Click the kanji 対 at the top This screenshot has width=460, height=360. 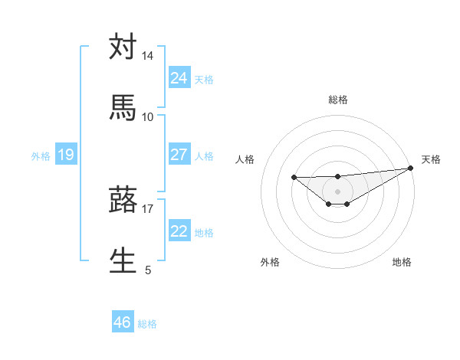tap(123, 47)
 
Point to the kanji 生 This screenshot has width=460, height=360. tap(123, 260)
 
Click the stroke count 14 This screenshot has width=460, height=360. tap(148, 56)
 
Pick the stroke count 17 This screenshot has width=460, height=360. tap(148, 208)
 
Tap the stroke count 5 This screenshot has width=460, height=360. tap(148, 270)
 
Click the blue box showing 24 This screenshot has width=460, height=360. tap(179, 78)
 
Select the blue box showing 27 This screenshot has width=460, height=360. tap(179, 155)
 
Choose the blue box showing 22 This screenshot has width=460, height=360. tap(179, 231)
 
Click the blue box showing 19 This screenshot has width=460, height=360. tap(65, 155)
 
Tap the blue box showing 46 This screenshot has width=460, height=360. tap(123, 323)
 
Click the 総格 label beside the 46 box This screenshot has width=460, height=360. tap(147, 324)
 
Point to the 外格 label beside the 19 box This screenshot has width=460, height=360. tap(41, 156)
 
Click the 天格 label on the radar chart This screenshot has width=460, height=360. tap(431, 159)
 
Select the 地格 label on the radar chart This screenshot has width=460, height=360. tap(402, 262)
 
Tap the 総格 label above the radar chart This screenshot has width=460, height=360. tap(338, 100)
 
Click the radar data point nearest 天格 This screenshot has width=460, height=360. tap(411, 168)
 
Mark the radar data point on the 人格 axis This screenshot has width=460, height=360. tap(294, 177)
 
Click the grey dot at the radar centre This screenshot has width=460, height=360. tap(337, 191)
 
